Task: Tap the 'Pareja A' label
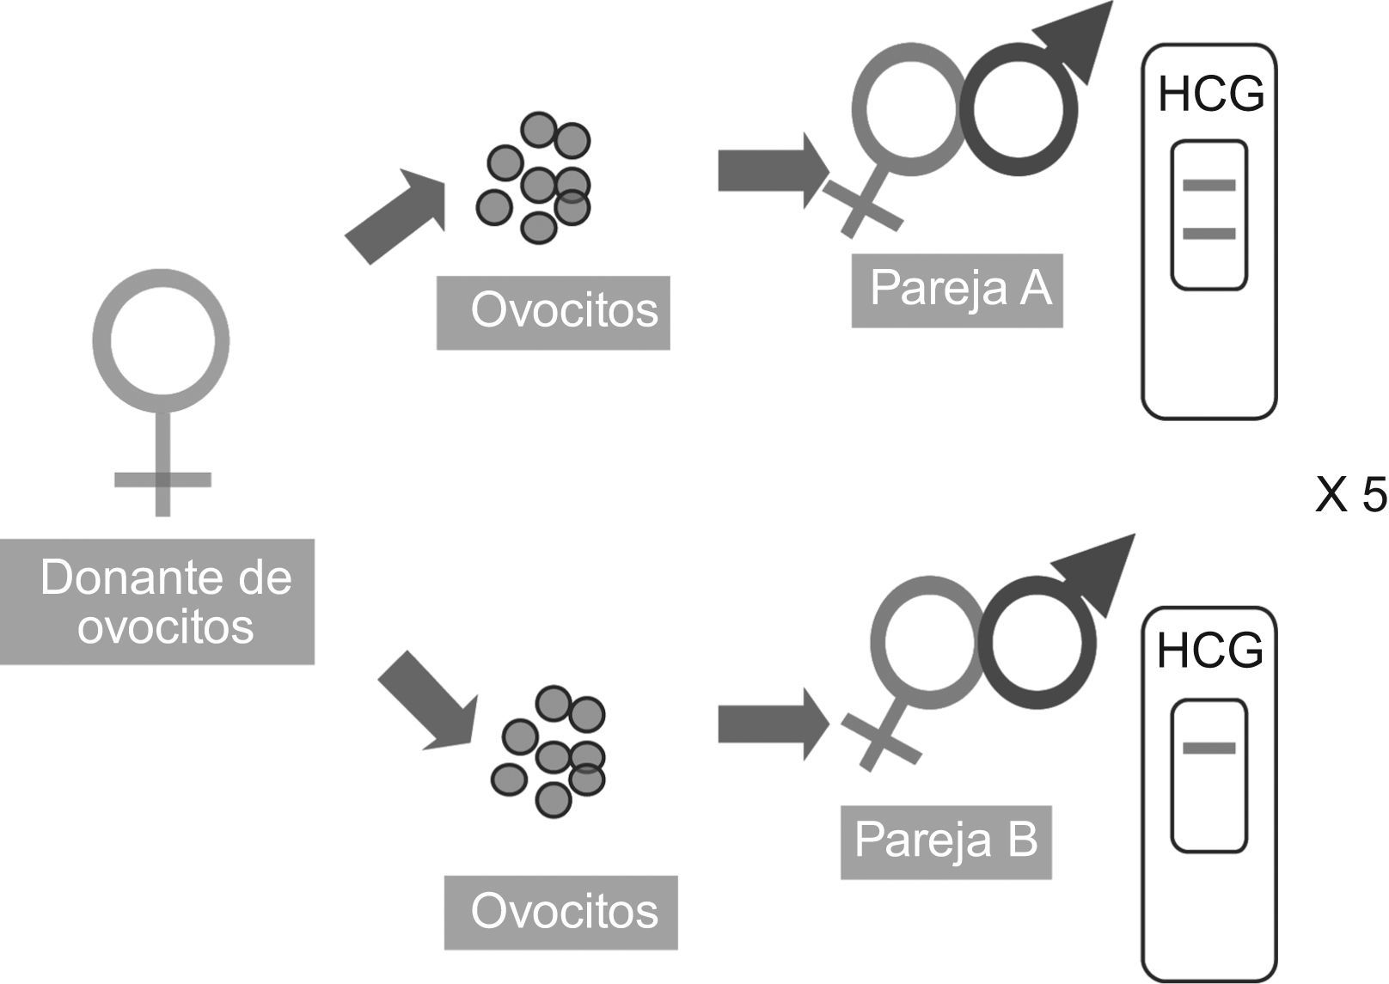click(x=959, y=289)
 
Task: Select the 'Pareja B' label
click(x=945, y=840)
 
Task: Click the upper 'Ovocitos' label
click(x=563, y=311)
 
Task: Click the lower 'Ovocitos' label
click(x=563, y=912)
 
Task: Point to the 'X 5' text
click(x=1349, y=496)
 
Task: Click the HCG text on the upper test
click(x=1210, y=95)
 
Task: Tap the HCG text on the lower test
click(x=1210, y=651)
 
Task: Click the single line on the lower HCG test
click(x=1209, y=748)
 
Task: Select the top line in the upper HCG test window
click(x=1209, y=185)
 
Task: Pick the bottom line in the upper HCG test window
click(x=1209, y=233)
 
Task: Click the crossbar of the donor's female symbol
click(x=162, y=480)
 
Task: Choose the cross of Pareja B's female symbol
click(x=881, y=739)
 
